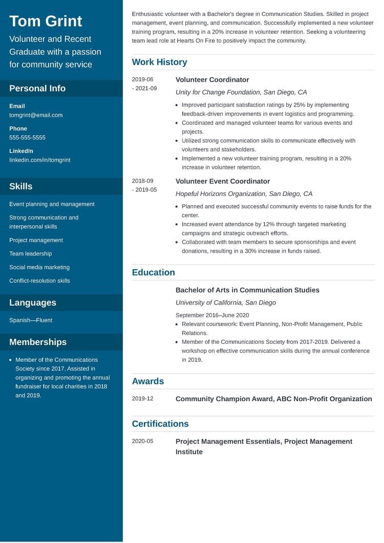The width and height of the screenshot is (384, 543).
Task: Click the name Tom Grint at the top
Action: point(46,21)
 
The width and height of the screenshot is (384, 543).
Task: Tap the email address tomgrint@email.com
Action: point(36,115)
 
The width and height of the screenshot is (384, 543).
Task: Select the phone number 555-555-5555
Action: point(27,138)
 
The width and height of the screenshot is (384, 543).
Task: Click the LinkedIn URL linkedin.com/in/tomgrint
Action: point(40,160)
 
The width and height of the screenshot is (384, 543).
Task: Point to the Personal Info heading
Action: point(37,89)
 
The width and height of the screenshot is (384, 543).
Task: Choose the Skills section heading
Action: point(20,186)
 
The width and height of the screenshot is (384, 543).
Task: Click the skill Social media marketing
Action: point(39,267)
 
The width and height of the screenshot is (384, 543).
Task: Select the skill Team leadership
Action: point(30,254)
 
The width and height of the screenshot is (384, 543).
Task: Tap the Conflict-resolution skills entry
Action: point(39,281)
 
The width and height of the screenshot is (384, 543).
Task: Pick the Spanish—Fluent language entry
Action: point(31,320)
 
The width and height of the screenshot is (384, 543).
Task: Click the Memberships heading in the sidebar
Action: point(38,342)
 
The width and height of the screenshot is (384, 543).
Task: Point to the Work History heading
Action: point(159,62)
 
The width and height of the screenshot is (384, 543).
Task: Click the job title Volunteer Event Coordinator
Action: point(223,181)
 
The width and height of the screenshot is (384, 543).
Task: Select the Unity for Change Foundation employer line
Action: point(241,92)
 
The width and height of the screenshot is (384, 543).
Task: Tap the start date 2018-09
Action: point(142,181)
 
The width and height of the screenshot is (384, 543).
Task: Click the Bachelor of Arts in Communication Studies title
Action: point(247,290)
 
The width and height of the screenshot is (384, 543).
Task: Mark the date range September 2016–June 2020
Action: point(212,315)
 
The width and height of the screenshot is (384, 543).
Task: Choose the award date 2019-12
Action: point(142,399)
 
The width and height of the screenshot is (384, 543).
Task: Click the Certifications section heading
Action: point(160,424)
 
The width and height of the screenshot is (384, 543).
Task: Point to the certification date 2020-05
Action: point(142,441)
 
